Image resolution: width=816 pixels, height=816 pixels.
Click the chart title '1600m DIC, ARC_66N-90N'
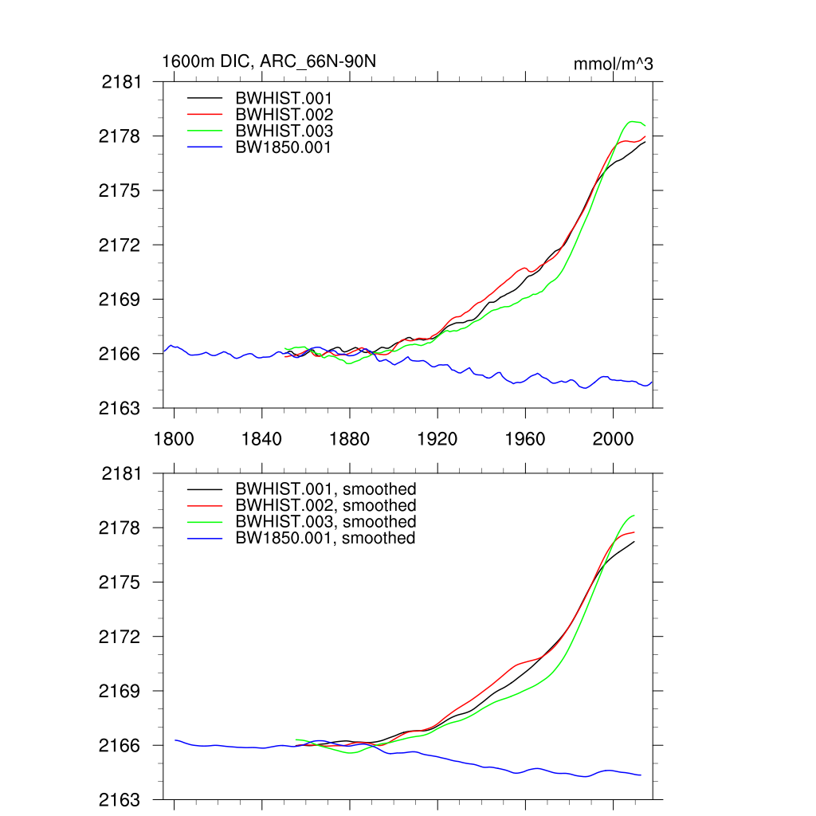click(x=264, y=61)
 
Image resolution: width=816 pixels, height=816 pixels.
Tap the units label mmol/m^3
click(x=613, y=64)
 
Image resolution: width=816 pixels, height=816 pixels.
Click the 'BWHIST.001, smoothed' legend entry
click(x=325, y=489)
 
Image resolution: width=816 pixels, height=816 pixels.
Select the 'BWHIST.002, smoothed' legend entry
click(x=325, y=505)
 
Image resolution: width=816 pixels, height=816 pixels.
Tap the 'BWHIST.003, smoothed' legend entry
click(x=325, y=521)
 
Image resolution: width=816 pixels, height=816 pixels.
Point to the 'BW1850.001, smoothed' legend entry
click(x=325, y=538)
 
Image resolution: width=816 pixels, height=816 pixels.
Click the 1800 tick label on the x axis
click(x=174, y=437)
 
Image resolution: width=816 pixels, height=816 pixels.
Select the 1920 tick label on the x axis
click(x=437, y=437)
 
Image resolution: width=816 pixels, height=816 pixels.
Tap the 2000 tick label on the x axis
click(x=613, y=437)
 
